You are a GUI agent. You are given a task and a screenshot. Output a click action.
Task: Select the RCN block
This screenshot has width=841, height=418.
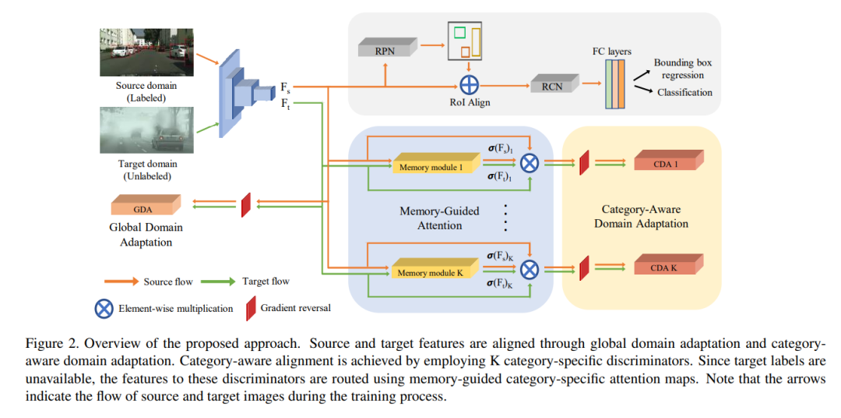point(551,85)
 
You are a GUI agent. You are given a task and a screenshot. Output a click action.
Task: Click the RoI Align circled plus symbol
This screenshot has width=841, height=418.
point(470,85)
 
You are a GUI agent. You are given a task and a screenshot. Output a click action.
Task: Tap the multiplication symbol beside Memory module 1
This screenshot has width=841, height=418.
point(530,163)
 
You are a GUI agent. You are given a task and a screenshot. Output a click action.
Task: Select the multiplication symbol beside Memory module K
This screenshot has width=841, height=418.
point(530,269)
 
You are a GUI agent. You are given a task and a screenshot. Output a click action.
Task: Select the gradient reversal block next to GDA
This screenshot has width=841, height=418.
point(245,205)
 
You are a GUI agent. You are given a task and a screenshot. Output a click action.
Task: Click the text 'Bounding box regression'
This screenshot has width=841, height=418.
point(682,69)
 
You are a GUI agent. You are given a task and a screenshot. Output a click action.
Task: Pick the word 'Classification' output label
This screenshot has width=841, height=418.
point(684,92)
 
